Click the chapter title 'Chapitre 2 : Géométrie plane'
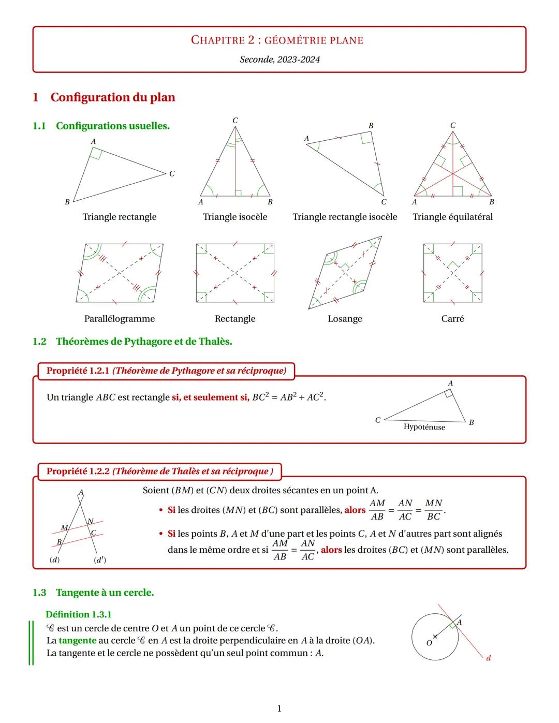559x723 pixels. [277, 40]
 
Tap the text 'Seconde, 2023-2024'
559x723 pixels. [279, 60]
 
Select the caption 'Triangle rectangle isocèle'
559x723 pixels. [345, 217]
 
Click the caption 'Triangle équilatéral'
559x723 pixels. [452, 217]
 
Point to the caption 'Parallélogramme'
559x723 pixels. [120, 319]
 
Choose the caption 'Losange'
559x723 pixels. [345, 319]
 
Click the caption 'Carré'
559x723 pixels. [452, 319]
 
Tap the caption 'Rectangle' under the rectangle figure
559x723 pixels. [235, 319]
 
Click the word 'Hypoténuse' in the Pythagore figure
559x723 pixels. [424, 427]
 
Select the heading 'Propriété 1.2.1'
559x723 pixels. [78, 371]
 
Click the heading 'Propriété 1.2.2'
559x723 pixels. [78, 471]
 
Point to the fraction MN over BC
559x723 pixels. [433, 510]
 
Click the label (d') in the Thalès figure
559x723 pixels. [100, 560]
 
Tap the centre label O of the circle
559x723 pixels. [429, 643]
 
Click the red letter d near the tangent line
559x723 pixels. [488, 658]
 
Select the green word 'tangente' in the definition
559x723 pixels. [77, 641]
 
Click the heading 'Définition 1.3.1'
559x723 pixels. [79, 615]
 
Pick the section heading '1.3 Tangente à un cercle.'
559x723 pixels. [93, 593]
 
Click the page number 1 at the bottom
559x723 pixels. [279, 709]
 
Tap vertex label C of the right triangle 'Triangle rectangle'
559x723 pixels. [172, 174]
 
